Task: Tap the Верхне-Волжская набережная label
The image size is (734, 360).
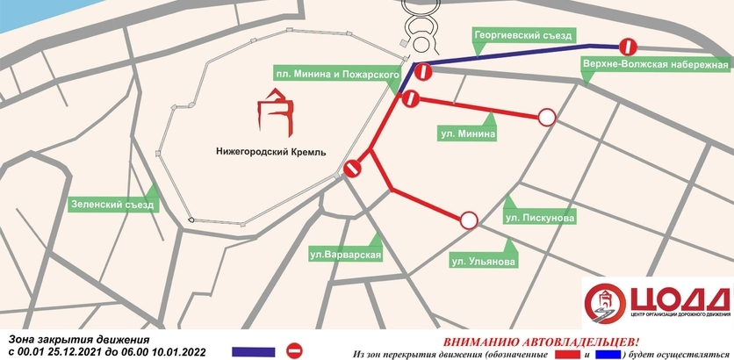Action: [x=655, y=65]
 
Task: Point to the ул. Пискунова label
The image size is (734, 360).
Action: [x=540, y=216]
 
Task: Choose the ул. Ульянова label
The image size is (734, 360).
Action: [x=484, y=260]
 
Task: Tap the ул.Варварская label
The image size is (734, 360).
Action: [x=344, y=256]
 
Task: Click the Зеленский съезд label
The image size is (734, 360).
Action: [x=112, y=205]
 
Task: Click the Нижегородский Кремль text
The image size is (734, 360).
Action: [x=270, y=152]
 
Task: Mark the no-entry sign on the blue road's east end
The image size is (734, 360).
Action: [x=627, y=47]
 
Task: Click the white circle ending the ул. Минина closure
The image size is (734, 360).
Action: [x=547, y=117]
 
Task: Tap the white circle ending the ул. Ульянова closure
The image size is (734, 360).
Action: [x=469, y=220]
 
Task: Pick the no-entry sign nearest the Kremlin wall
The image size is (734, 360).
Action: [x=353, y=169]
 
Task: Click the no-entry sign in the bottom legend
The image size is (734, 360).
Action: [x=295, y=350]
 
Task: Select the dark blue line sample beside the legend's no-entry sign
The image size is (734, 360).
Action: [x=254, y=351]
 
